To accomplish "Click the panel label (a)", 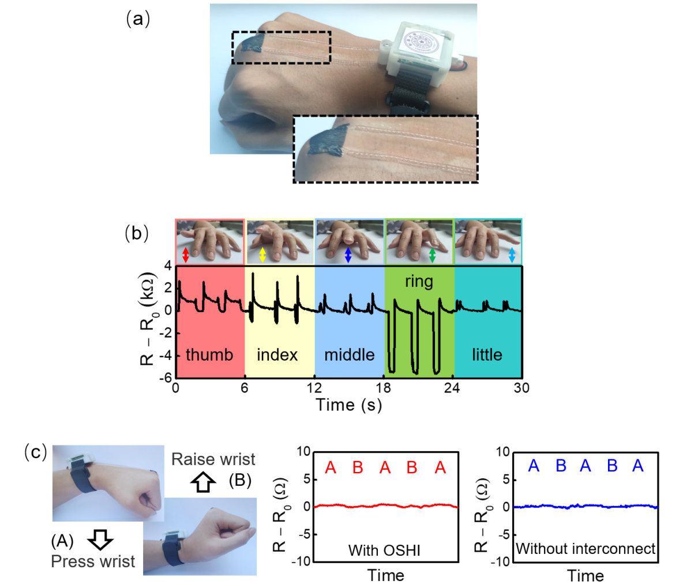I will point(138,19).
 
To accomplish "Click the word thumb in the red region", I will point(209,354).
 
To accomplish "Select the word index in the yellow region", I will point(277,354).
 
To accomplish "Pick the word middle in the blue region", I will point(349,354).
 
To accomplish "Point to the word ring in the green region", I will point(419,282).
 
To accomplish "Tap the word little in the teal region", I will point(487,354).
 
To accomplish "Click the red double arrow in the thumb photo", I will point(186,255).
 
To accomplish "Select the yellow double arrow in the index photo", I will point(262,255).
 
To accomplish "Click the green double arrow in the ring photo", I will point(433,255).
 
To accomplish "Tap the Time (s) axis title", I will point(349,405).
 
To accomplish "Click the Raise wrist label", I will point(213,459).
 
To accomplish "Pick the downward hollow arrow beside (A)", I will point(100,540).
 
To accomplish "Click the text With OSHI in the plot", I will point(384,550).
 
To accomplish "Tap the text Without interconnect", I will point(586,548).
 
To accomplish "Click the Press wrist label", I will point(93,561).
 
